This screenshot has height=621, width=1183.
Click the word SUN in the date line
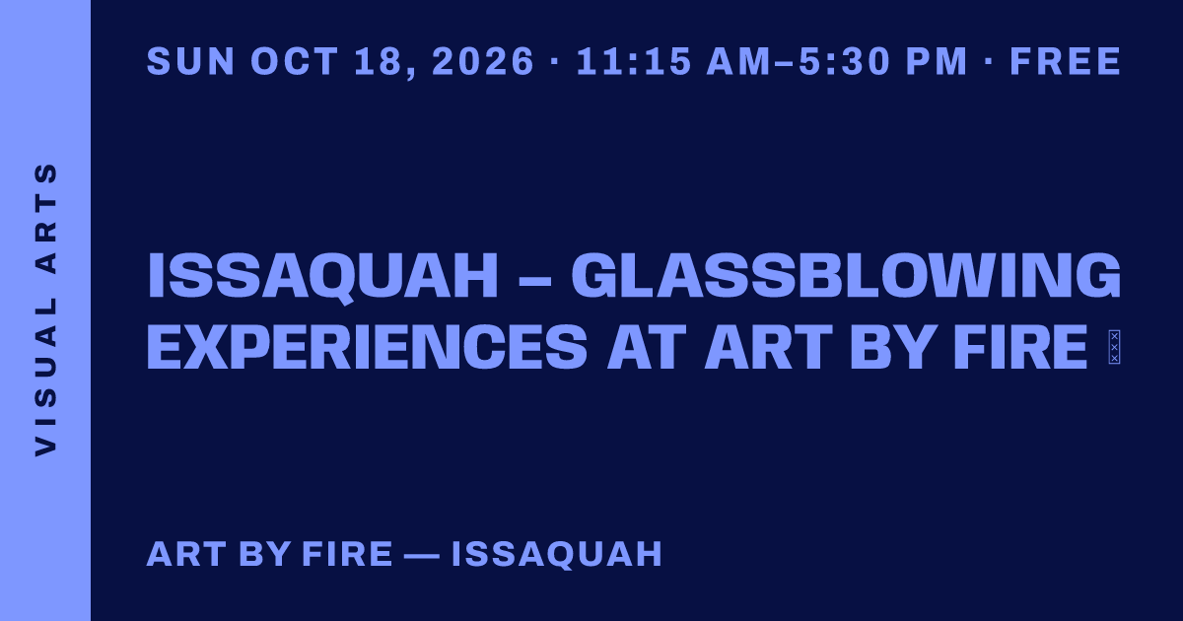pyautogui.click(x=190, y=61)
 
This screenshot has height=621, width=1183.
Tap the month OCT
pyautogui.click(x=294, y=61)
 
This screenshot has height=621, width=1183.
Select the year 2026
pyautogui.click(x=483, y=61)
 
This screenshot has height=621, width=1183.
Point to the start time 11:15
pyautogui.click(x=634, y=61)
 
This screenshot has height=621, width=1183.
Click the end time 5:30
pyautogui.click(x=845, y=61)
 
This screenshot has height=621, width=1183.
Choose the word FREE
pyautogui.click(x=1066, y=61)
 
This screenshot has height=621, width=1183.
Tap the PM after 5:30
pyautogui.click(x=937, y=61)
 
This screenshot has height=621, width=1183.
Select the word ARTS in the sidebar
pyautogui.click(x=45, y=218)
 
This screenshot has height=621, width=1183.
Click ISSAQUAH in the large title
pyautogui.click(x=322, y=277)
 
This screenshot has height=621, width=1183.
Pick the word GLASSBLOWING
pyautogui.click(x=846, y=276)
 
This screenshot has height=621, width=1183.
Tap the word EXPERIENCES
pyautogui.click(x=367, y=347)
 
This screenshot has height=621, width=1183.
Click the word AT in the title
pyautogui.click(x=647, y=347)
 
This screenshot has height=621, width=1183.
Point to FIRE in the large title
pyautogui.click(x=1020, y=347)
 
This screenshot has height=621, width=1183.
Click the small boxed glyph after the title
pyautogui.click(x=1114, y=347)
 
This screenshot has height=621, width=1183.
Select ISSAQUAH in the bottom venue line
pyautogui.click(x=557, y=554)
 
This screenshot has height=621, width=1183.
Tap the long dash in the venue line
pyautogui.click(x=421, y=556)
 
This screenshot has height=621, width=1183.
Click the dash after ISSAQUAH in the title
pyautogui.click(x=534, y=280)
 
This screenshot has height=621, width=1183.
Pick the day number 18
pyautogui.click(x=380, y=62)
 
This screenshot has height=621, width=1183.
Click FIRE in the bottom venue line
pyautogui.click(x=347, y=554)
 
